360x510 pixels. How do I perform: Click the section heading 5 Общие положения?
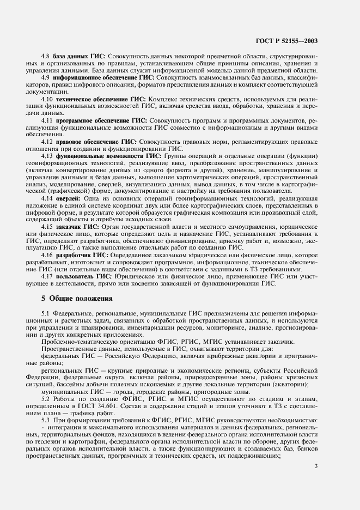[x=77, y=298]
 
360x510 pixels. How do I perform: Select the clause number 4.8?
[x=46, y=57]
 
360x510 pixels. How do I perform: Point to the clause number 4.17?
[x=47, y=276]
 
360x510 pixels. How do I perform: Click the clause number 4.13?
[x=47, y=156]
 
